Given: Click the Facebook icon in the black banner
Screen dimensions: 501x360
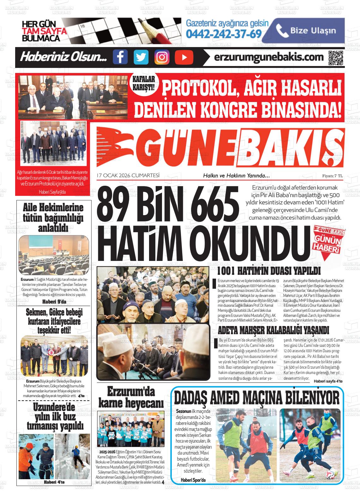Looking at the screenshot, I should click(120, 57).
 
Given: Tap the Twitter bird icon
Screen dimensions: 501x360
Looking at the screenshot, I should click(141, 57).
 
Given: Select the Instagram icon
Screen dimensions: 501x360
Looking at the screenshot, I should click(162, 57).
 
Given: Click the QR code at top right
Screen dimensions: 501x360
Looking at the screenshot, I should click(335, 57).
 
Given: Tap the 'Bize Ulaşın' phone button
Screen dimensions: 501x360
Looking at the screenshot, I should click(307, 31).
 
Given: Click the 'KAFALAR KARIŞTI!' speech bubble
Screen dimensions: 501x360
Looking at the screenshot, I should click(144, 84).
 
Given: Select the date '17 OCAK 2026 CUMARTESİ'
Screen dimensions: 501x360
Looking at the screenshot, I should click(128, 175).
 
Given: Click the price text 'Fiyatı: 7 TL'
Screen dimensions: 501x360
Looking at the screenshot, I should click(332, 176).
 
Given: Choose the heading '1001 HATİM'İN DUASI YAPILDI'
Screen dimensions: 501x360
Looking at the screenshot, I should click(269, 271).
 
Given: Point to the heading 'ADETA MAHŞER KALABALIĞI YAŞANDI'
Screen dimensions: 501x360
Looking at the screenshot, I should click(273, 330).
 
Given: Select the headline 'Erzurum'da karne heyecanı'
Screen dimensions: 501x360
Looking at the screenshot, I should click(131, 397).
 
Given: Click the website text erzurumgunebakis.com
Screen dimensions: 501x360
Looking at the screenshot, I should click(269, 57).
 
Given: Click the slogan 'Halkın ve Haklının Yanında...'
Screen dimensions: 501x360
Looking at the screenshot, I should click(236, 176).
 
